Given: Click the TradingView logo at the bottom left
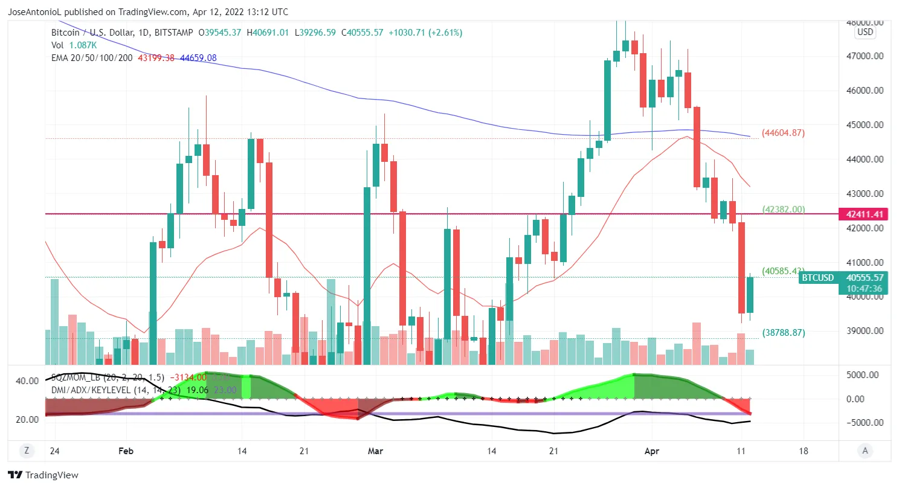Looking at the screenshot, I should point(43,475).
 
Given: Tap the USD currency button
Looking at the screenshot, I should point(865,32).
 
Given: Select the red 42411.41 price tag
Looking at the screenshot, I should point(865,214).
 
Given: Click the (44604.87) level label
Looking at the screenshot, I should point(783,133).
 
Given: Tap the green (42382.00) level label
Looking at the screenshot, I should point(783,210).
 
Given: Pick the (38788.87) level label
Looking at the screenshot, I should point(783,332).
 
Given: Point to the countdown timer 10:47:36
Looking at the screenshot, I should point(865,289).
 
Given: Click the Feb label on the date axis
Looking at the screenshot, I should point(126,451).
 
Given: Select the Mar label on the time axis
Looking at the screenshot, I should point(376,451).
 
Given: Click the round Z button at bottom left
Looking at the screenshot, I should point(27,450).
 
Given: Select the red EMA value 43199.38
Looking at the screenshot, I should point(156,58).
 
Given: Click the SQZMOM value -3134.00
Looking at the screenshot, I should point(188,377).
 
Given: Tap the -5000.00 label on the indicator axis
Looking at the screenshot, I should point(866,422).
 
